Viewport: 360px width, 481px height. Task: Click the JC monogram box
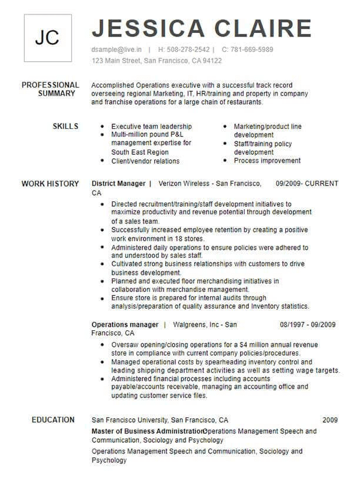47,38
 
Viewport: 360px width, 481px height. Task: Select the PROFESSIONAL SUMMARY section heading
51,89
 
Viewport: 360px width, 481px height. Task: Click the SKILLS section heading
65,127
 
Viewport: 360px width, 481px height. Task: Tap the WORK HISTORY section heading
51,184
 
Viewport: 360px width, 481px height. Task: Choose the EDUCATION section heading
53,420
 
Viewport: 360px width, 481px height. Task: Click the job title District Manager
118,184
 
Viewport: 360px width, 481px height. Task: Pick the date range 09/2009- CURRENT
307,184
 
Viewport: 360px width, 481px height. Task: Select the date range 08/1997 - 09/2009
308,324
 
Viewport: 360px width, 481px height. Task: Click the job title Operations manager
125,324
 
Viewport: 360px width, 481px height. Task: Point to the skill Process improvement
267,161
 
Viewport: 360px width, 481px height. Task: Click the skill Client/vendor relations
145,161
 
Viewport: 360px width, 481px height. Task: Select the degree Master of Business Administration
147,432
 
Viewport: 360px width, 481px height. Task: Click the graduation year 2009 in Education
330,420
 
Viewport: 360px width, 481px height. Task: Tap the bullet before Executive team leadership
103,127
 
